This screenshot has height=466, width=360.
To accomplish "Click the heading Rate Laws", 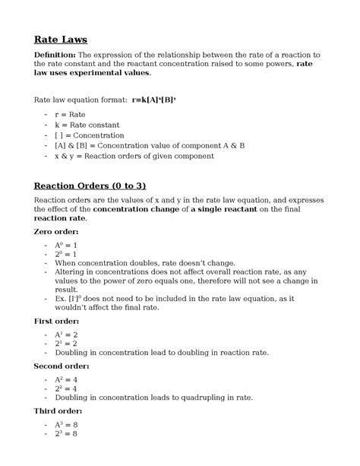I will click(x=61, y=39).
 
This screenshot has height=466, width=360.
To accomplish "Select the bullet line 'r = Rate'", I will click(x=70, y=114).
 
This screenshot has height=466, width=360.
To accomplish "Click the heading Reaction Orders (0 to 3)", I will click(x=90, y=186).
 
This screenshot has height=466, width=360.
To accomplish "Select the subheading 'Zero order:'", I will click(x=57, y=231).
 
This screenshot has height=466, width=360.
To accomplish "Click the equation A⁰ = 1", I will click(x=66, y=246).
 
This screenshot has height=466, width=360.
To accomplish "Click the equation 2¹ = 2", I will click(x=66, y=344).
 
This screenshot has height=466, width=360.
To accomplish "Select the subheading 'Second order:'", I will click(x=62, y=366).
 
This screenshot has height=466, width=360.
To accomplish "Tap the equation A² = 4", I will click(x=66, y=379).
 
